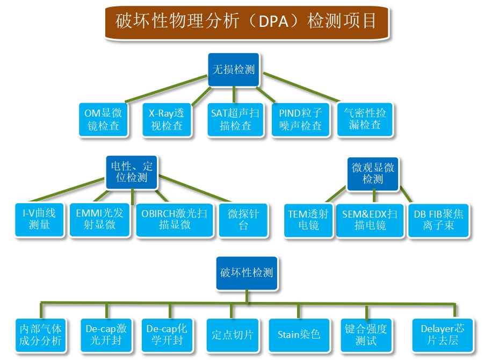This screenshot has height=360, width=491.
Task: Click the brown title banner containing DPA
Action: [247, 22]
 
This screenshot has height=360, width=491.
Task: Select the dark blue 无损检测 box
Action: [234, 69]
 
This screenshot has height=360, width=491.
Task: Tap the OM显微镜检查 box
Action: [103, 120]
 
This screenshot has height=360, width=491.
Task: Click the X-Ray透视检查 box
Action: [167, 120]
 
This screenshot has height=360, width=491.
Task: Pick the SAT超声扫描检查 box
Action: [235, 120]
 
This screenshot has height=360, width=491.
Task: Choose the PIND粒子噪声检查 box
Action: [301, 120]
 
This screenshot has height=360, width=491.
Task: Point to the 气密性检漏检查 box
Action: [365, 119]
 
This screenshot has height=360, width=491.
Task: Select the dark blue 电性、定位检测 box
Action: [132, 172]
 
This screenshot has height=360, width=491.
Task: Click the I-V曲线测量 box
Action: [39, 220]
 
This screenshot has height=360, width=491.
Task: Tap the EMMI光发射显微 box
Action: [99, 220]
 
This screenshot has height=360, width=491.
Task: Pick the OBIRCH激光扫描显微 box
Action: [175, 220]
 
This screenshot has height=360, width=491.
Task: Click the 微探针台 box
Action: [243, 220]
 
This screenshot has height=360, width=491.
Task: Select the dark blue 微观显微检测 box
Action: [373, 174]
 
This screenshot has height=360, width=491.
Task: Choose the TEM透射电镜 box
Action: [308, 221]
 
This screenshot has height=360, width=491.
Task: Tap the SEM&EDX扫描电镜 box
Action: [370, 221]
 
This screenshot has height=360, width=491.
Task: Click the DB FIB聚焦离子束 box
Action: [438, 221]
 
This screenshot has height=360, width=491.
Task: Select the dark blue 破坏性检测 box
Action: [247, 273]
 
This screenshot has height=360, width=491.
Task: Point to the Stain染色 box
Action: [299, 335]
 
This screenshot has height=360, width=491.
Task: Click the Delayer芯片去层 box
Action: [443, 335]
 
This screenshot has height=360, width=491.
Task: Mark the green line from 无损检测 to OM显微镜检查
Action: [167, 89]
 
